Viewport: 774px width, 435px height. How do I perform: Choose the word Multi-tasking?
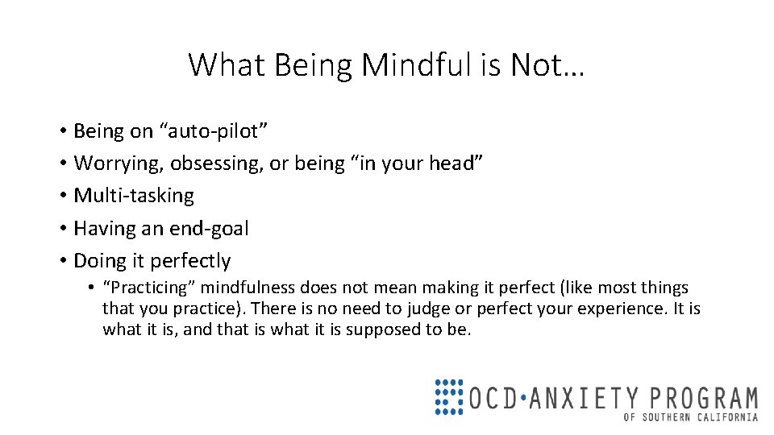tap(134, 196)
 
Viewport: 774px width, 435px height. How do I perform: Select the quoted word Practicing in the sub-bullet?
tap(150, 288)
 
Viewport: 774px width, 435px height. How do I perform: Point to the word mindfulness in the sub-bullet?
tap(248, 288)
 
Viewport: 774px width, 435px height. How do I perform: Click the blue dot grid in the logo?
tap(449, 396)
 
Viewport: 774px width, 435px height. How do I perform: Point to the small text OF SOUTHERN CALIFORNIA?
tap(691, 417)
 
